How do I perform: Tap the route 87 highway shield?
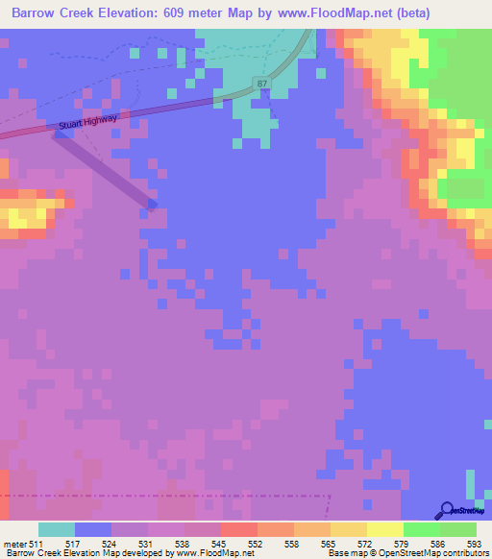tap(262, 85)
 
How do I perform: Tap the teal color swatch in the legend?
tap(56, 529)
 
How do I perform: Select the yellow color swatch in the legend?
tap(384, 529)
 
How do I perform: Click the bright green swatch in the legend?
tap(421, 529)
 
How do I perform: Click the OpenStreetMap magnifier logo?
tap(446, 511)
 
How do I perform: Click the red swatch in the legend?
tap(238, 529)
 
